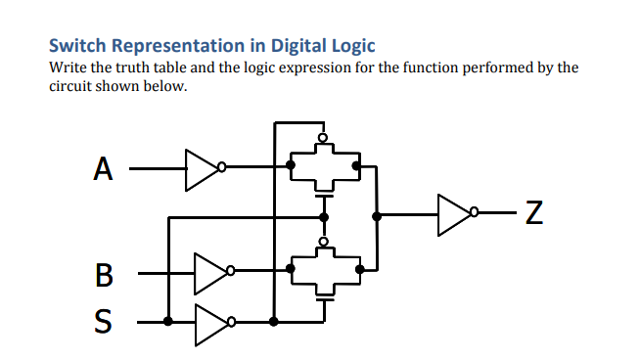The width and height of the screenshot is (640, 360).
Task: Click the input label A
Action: pos(103,168)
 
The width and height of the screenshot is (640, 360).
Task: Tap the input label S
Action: pos(104,320)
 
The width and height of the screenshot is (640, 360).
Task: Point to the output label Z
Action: pos(533,212)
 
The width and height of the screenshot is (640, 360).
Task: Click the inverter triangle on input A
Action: pos(203,167)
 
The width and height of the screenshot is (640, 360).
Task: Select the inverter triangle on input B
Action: pos(210,273)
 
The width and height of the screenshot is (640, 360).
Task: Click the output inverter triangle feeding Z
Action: pos(455,211)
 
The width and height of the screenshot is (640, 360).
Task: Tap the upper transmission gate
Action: pos(324,167)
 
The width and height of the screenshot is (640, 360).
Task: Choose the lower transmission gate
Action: pos(324,267)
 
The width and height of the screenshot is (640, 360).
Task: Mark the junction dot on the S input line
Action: pos(168,321)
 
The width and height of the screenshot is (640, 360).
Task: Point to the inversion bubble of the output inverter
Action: pos(477,211)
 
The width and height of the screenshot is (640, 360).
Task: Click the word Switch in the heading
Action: pos(78,46)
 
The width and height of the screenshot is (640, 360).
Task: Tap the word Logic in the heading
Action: pos(352,46)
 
